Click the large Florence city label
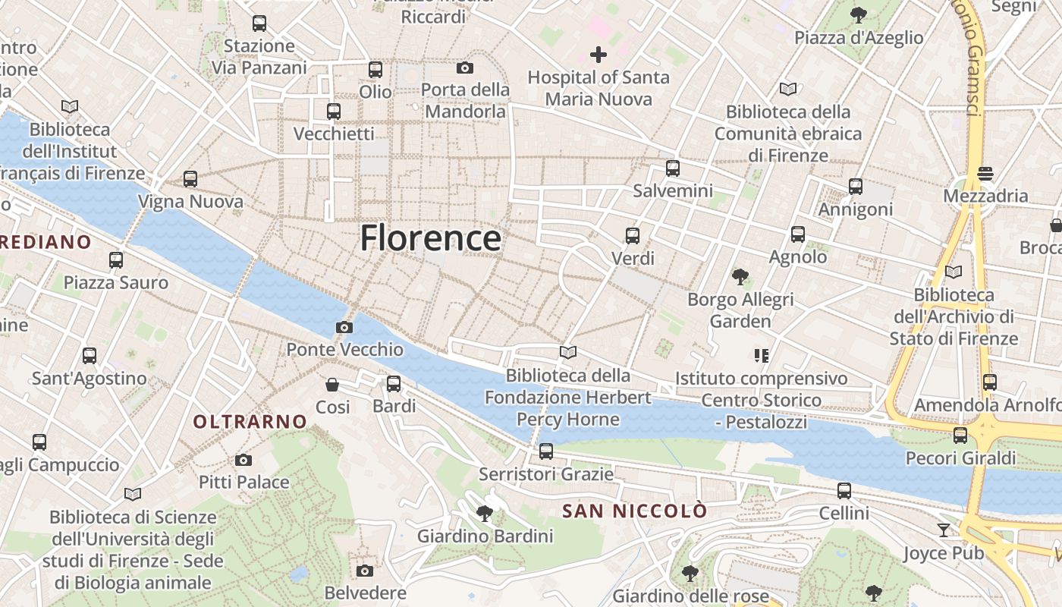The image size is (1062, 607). click(430, 238)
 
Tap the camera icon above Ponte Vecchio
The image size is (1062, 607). click(344, 328)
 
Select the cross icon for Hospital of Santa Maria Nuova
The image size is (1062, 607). click(599, 55)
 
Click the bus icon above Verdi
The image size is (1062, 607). click(633, 236)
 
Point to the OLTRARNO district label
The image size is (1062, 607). click(250, 422)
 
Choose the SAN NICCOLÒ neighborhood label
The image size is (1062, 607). click(634, 511)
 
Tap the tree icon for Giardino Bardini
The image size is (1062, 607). click(485, 514)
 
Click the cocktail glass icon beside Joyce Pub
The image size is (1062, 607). click(943, 530)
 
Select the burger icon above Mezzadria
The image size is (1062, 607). click(985, 174)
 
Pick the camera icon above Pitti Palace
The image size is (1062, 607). click(244, 460)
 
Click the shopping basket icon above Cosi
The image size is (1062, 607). click(332, 385)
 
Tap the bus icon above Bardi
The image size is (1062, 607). click(394, 384)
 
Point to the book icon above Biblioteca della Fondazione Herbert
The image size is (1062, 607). click(568, 352)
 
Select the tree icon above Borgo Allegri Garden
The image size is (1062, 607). click(740, 276)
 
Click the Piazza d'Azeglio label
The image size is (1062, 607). click(859, 37)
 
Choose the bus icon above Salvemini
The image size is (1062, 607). click(672, 168)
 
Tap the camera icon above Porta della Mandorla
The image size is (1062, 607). click(465, 68)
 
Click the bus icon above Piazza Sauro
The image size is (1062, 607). click(116, 260)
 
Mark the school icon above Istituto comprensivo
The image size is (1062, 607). click(762, 355)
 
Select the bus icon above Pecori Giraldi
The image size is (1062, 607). click(960, 436)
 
